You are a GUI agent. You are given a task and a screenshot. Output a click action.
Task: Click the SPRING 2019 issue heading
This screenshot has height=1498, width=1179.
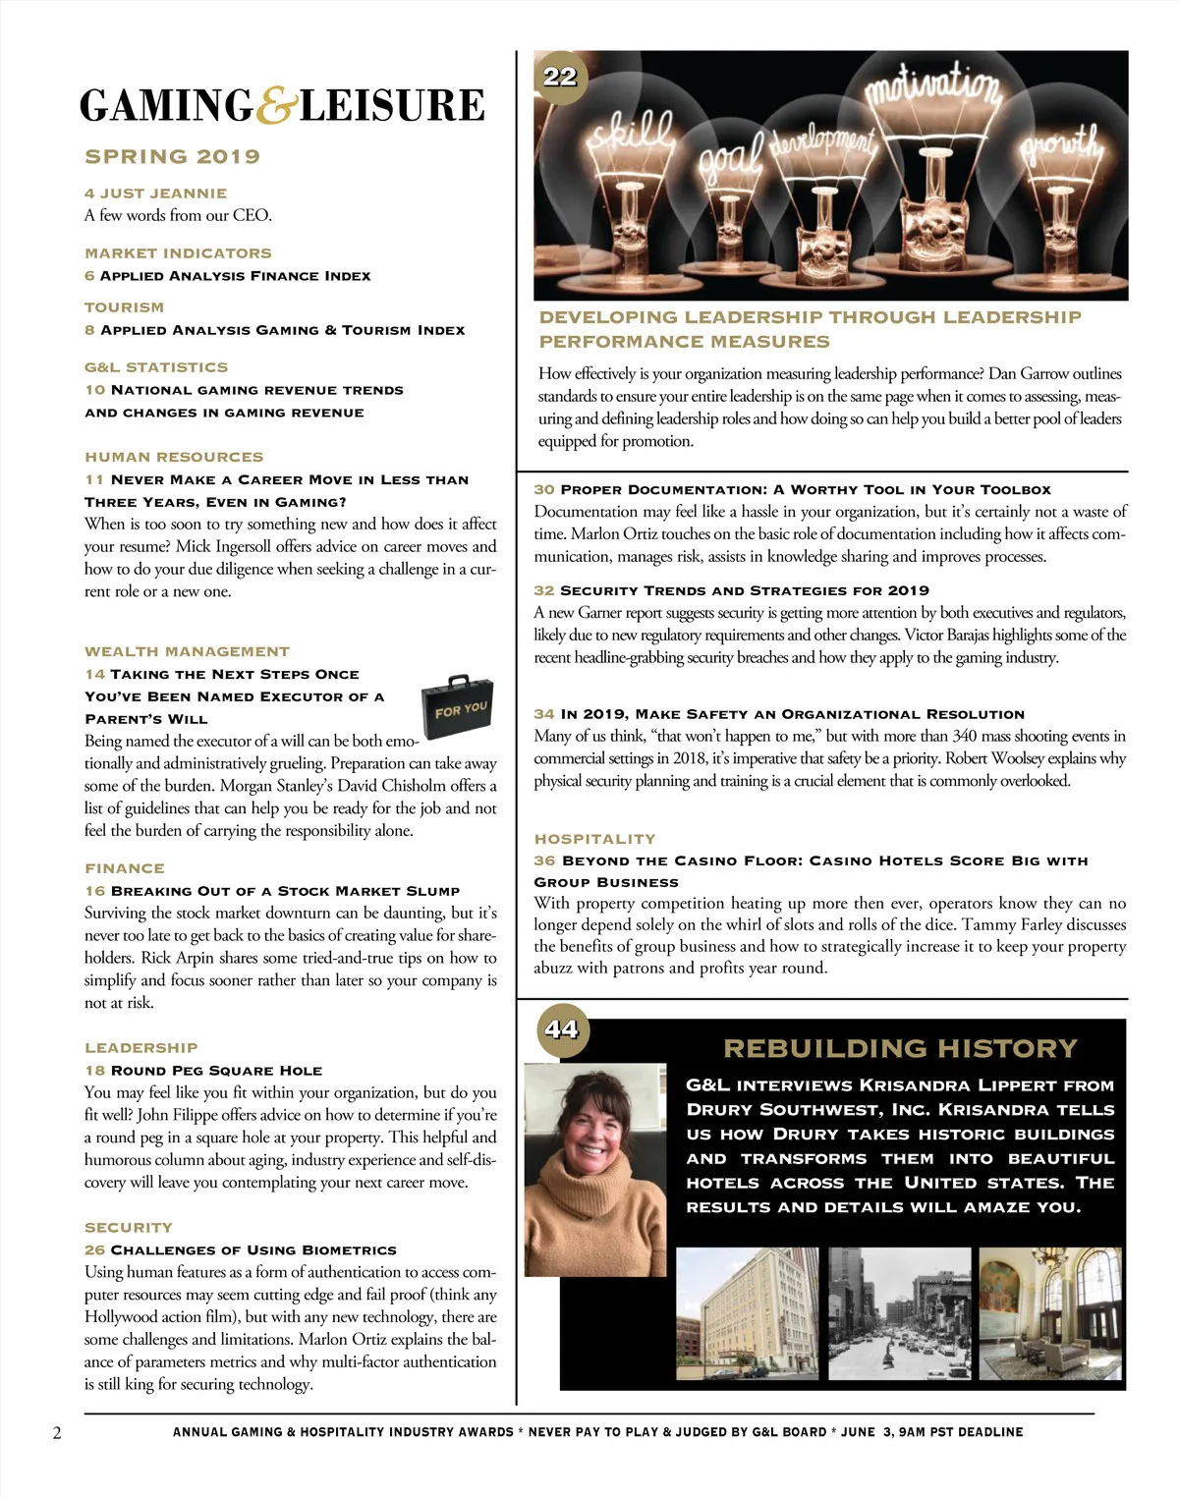click(x=172, y=156)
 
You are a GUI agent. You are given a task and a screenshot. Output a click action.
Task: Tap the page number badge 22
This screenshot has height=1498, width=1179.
click(x=560, y=77)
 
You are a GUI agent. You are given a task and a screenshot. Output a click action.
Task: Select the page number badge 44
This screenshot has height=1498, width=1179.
click(x=562, y=1029)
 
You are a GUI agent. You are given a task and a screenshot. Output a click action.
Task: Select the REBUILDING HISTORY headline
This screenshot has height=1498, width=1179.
click(x=900, y=1048)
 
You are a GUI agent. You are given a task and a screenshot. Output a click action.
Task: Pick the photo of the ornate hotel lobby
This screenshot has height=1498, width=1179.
click(x=1049, y=1313)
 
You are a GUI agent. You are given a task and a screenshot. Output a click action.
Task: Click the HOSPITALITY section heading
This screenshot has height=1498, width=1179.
click(x=594, y=839)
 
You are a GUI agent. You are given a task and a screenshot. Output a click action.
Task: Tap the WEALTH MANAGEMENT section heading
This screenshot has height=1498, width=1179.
click(x=187, y=651)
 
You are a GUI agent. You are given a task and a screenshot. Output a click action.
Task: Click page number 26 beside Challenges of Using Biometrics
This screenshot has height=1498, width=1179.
click(x=94, y=1249)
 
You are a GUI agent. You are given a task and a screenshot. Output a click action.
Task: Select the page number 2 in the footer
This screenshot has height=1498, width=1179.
click(x=57, y=1432)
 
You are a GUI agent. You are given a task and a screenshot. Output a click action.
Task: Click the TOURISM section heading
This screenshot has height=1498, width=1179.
click(x=124, y=307)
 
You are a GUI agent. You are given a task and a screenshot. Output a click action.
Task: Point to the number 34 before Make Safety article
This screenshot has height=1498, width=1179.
click(x=544, y=714)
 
